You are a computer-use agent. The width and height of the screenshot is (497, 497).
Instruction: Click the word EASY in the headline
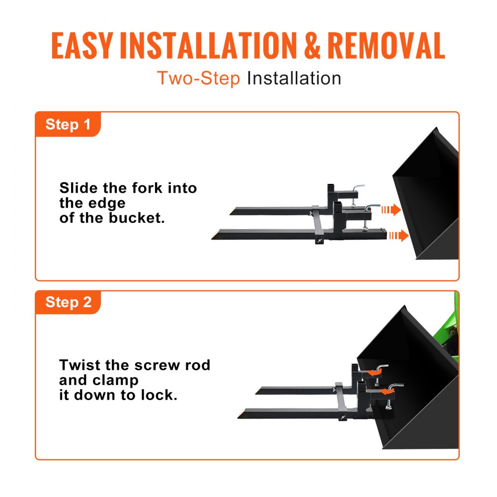point(82,46)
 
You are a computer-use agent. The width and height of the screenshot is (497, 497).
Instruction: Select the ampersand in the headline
point(313,46)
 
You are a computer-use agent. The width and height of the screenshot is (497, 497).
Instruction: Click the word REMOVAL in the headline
point(386,46)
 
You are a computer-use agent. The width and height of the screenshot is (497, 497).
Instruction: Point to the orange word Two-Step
point(198,79)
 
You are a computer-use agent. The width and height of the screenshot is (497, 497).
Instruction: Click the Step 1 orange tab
point(68,124)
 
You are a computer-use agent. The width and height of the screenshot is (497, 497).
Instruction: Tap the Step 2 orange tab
point(68,302)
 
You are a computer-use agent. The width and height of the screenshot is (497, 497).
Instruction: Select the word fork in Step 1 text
point(149,188)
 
